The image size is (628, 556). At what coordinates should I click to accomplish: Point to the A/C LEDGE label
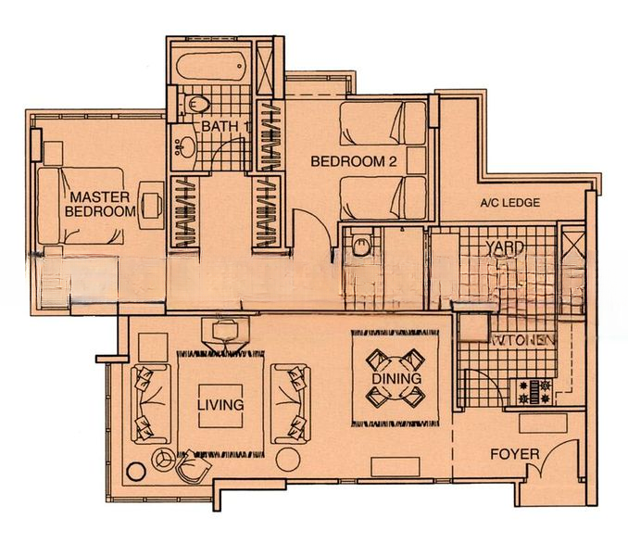[x=509, y=203]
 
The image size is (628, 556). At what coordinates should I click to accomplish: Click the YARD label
[x=506, y=247]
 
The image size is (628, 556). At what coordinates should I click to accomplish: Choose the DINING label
[x=396, y=379]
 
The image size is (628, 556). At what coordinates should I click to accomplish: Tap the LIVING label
[x=220, y=405]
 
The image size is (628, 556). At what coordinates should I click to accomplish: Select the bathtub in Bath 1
[x=210, y=67]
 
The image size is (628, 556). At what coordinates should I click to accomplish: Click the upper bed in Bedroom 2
[x=383, y=124]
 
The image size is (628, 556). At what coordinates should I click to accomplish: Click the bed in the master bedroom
[x=82, y=205]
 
